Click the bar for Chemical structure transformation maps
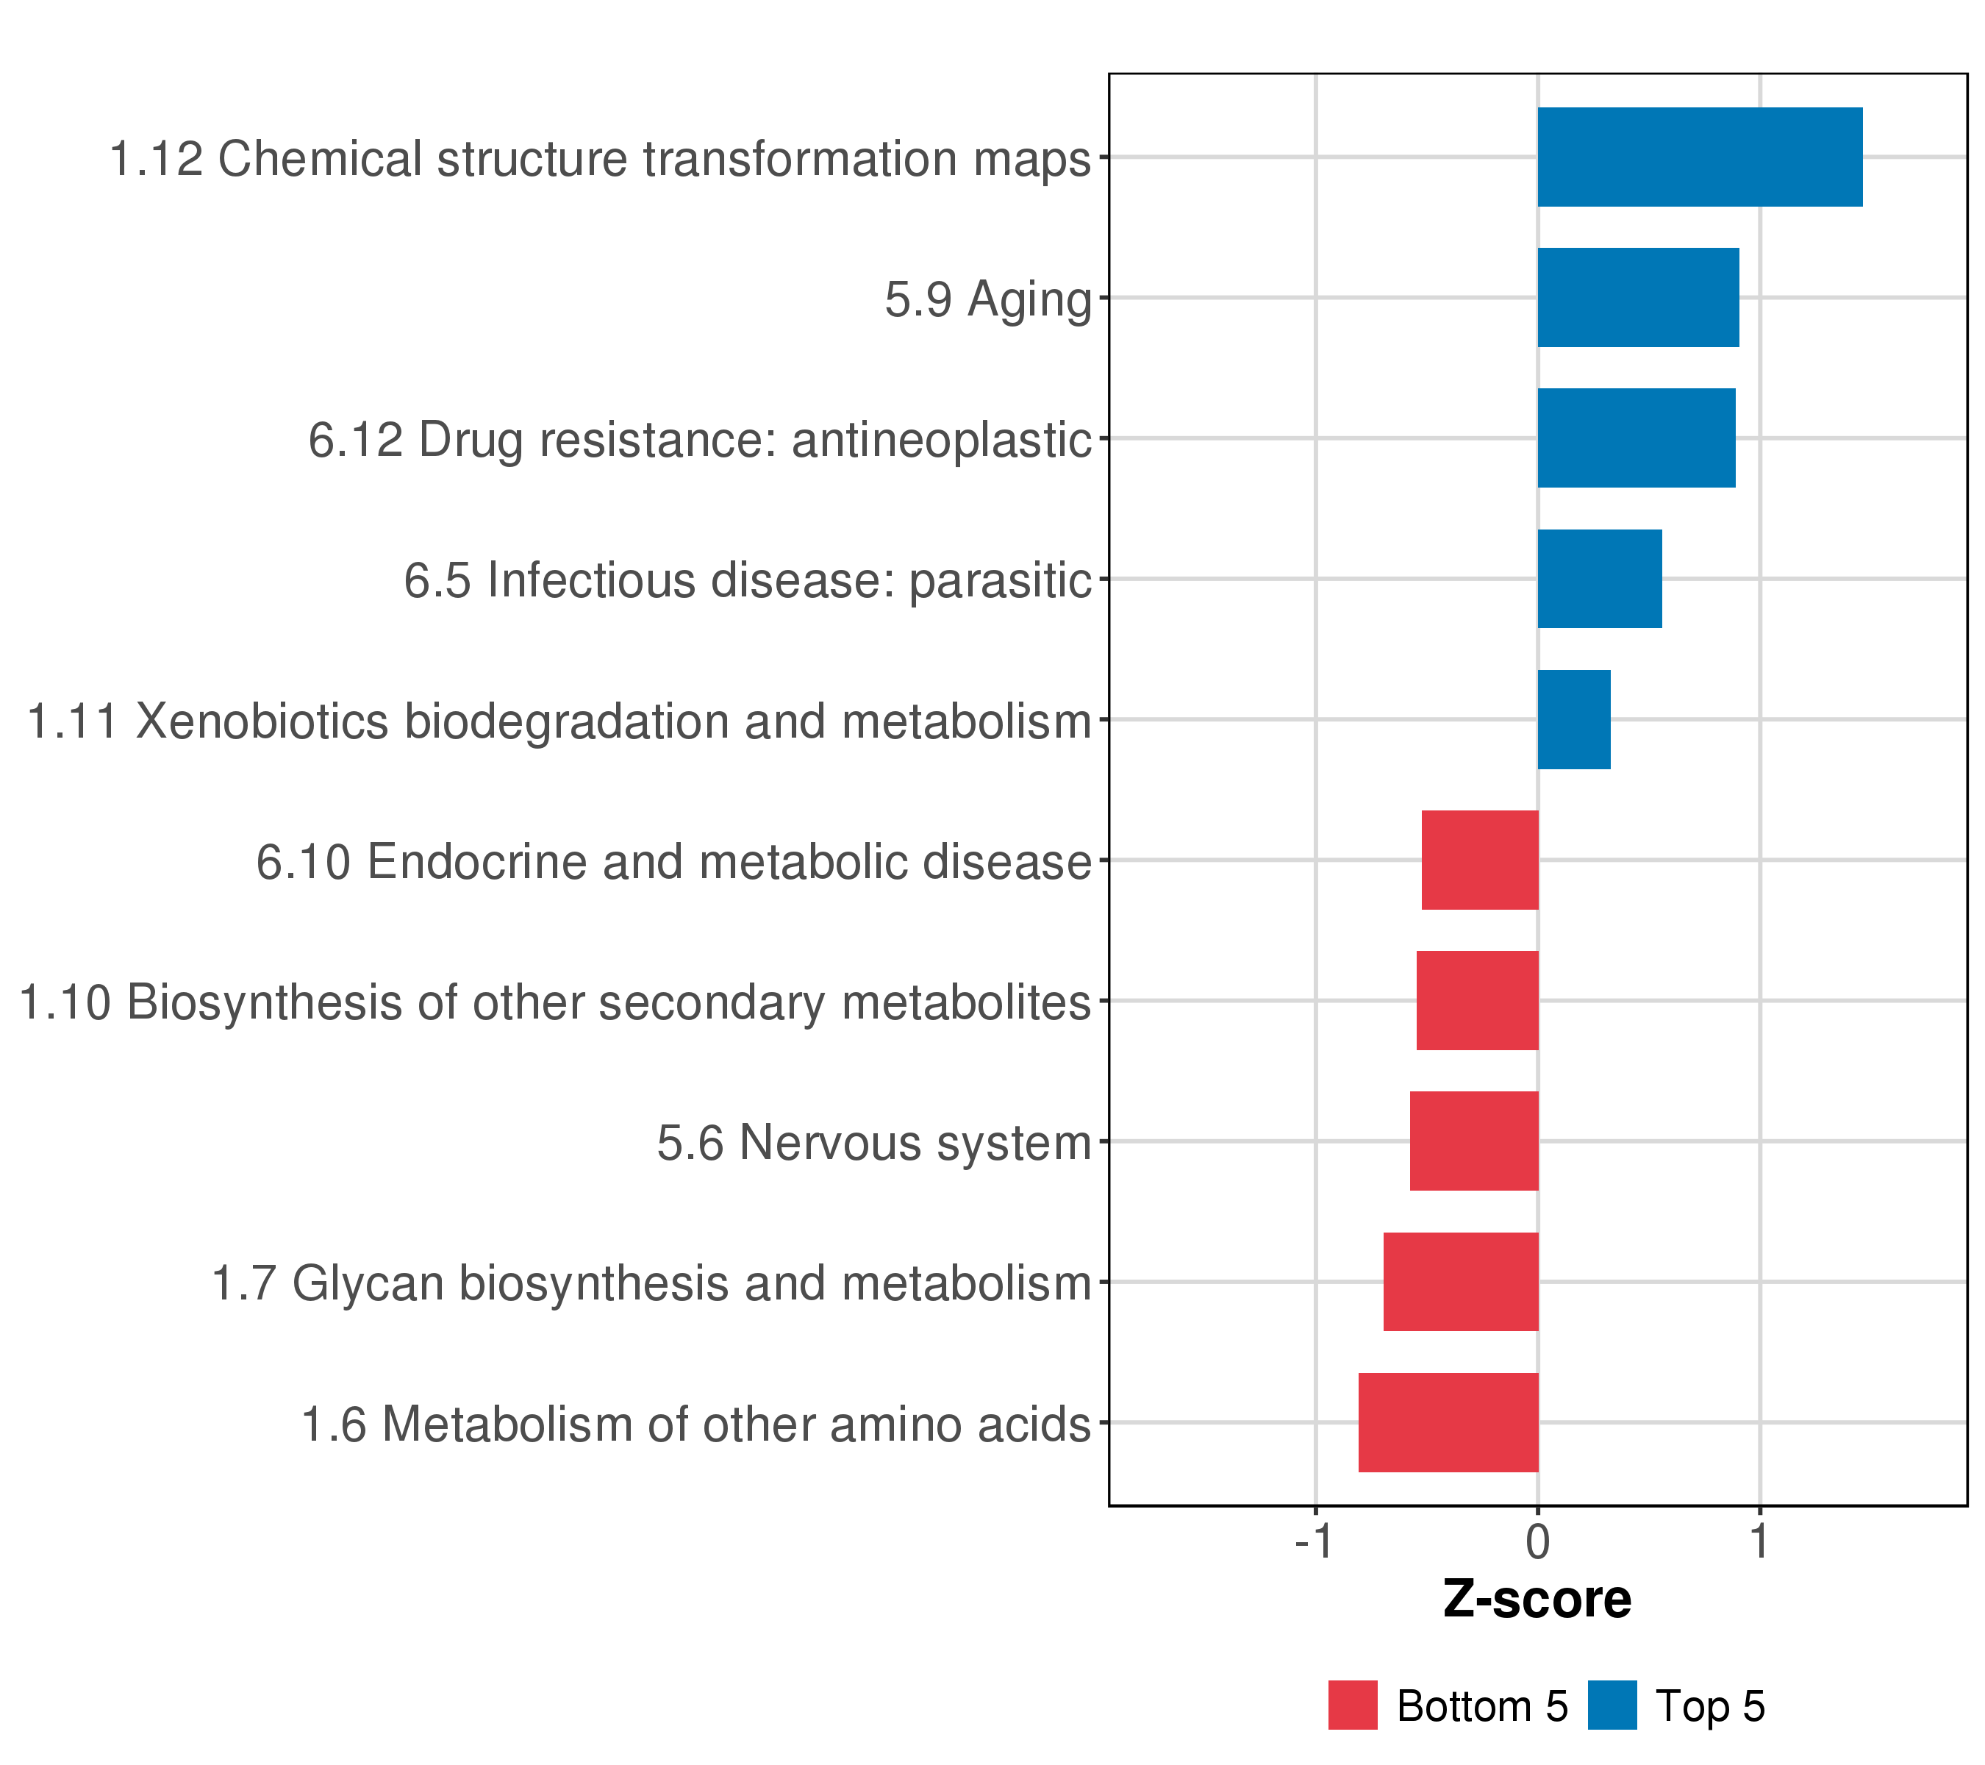tap(1700, 157)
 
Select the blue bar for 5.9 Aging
tap(1637, 297)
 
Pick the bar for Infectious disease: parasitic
tap(1600, 579)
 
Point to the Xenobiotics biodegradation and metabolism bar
tap(1573, 720)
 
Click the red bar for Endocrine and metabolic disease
tap(1479, 860)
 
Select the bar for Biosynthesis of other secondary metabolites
tap(1477, 1000)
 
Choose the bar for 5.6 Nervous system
tap(1473, 1141)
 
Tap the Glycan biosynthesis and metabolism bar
tap(1461, 1283)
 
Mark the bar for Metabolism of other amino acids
tap(1448, 1423)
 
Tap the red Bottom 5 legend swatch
tap(1353, 1705)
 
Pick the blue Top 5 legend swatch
tap(1612, 1705)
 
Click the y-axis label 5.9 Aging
tap(987, 299)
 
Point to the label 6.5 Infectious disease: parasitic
tap(748, 581)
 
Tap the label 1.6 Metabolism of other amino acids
tap(696, 1425)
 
